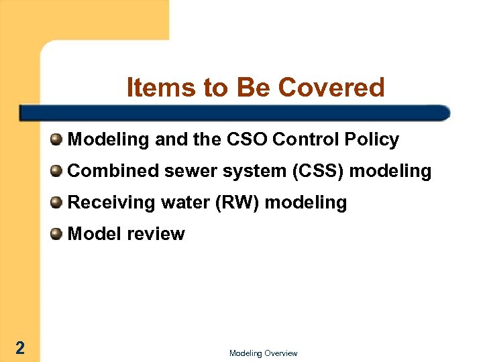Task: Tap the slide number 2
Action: (20, 347)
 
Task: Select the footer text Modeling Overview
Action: (263, 353)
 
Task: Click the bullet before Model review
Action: (57, 234)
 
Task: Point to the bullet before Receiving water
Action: (57, 202)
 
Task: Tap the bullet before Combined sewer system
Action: (57, 171)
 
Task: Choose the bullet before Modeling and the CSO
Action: (57, 139)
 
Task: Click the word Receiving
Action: (109, 202)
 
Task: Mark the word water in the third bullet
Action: (186, 202)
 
